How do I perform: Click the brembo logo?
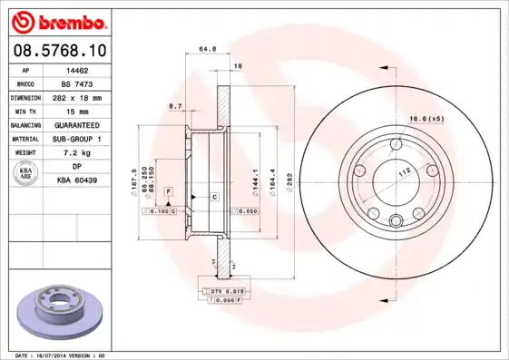[58, 21]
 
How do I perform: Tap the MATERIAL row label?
[24, 139]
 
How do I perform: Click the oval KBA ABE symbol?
[26, 174]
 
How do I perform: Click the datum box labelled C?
[214, 196]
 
